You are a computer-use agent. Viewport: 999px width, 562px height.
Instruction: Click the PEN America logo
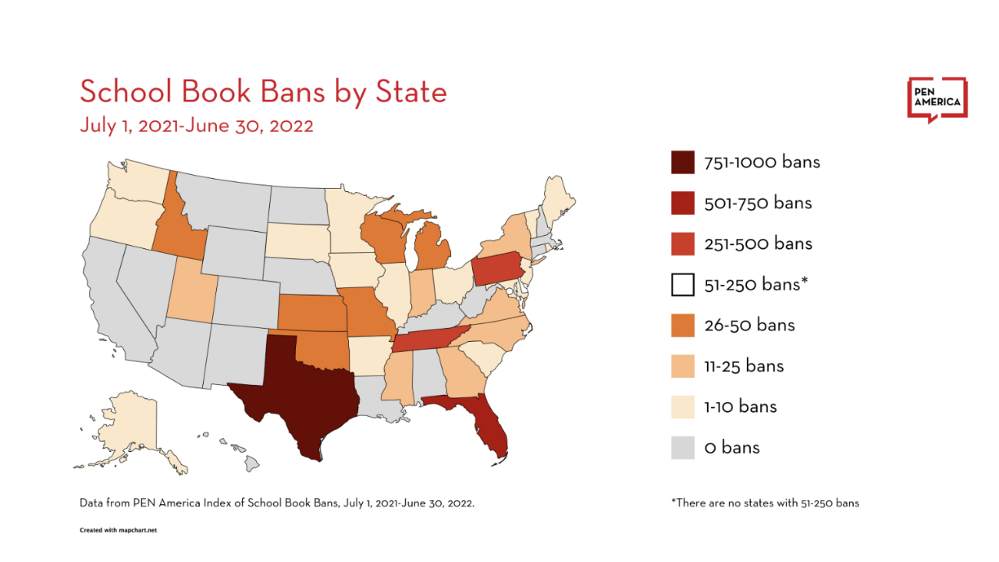937,100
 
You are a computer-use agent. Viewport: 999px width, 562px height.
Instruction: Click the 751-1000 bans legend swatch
682,162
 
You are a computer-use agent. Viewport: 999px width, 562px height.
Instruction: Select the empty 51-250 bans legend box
682,284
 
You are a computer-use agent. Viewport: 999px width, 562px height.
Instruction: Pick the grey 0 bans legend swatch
682,447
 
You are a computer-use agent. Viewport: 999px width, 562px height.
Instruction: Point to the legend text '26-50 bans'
749,325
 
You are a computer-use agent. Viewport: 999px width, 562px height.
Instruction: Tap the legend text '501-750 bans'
758,203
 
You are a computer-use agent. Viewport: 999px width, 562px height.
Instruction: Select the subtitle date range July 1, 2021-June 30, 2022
196,126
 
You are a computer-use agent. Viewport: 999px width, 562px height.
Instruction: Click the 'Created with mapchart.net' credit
119,530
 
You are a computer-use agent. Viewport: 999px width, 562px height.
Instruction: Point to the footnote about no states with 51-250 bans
764,503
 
